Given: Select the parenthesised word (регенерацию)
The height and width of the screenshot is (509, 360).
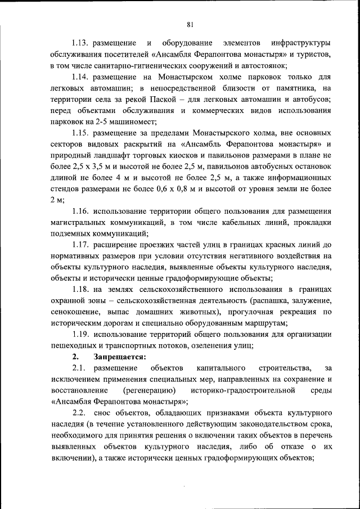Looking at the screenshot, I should pyautogui.click(x=148, y=390).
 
